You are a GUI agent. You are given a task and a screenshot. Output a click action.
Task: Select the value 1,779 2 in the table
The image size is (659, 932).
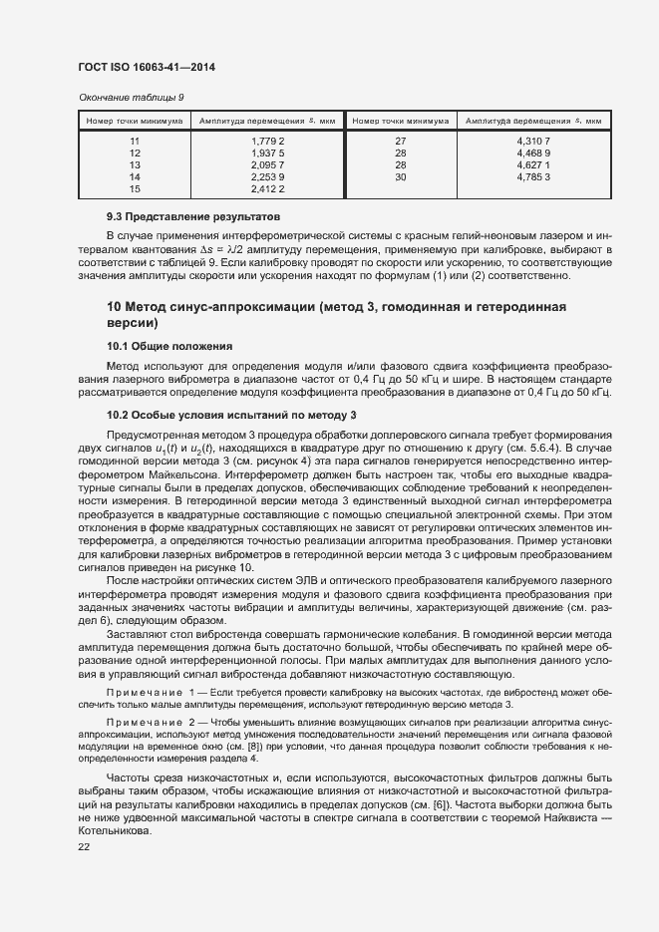point(267,142)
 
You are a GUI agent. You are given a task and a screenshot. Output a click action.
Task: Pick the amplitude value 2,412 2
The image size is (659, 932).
point(267,188)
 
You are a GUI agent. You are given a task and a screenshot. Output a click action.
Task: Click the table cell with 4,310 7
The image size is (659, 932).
point(533,142)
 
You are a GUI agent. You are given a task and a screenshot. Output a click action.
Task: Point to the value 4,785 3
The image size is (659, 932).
point(533,176)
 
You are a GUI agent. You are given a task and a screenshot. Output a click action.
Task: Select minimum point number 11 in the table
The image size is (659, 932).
point(135,142)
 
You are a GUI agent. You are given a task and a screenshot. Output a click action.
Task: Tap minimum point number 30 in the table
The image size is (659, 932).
point(401,176)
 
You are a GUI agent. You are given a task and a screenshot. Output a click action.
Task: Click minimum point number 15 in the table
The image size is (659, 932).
point(135,188)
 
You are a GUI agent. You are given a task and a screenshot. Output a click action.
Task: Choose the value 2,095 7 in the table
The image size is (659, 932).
point(267,164)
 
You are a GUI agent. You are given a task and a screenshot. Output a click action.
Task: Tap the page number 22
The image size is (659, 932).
point(84,846)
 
